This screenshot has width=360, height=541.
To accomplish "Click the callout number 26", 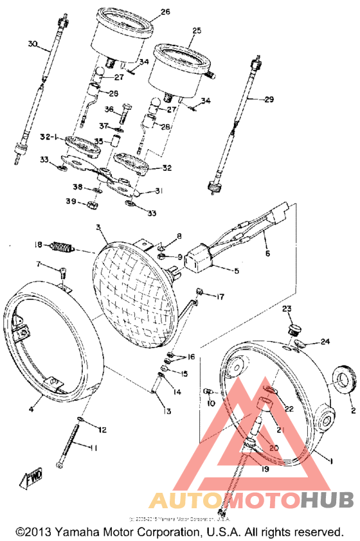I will pos(165,12).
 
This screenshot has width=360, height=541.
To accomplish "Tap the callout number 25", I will pos(197,30).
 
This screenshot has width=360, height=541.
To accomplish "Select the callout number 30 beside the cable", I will pos(33,44).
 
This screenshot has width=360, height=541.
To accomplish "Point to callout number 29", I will pos(269,98).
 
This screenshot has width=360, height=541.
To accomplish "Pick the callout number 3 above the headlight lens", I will pos(98,228).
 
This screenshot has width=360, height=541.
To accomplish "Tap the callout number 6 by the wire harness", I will pos(267,254).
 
